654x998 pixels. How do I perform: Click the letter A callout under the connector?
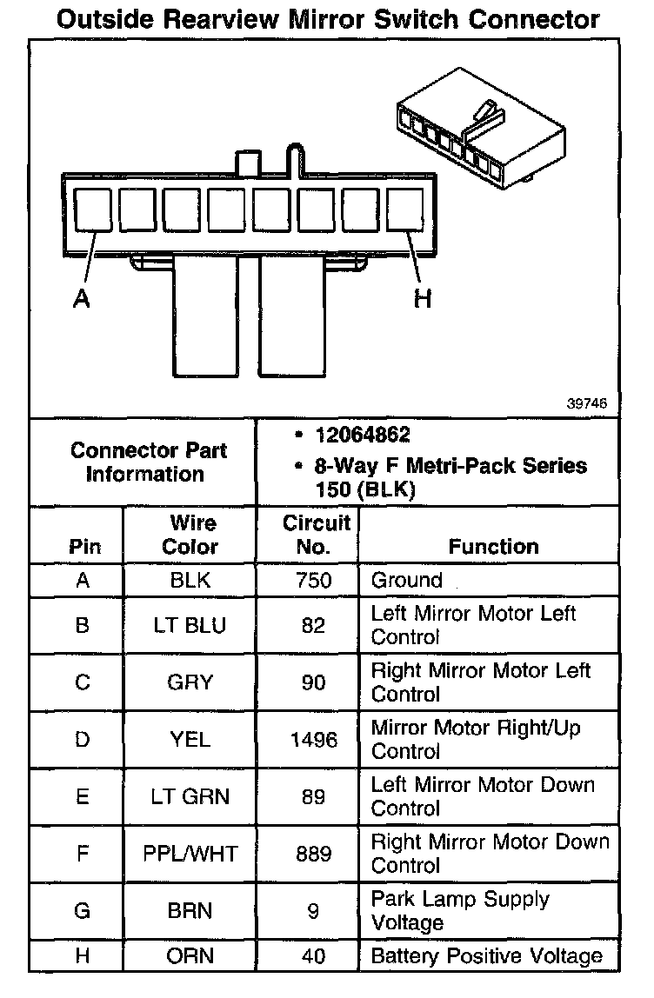coord(81,299)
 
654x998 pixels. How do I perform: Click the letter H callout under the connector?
coord(423,299)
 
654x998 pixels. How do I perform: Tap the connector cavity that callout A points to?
coord(91,211)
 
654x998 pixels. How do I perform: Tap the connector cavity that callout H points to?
coord(405,211)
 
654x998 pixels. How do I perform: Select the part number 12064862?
coord(363,435)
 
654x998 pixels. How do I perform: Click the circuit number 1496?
coord(313,739)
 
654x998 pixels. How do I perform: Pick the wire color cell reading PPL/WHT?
coord(190,854)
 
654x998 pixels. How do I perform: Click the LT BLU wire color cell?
coord(190,625)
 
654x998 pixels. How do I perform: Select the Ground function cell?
coord(406,580)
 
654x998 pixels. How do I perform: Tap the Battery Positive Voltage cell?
coord(486,956)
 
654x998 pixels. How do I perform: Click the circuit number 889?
coord(313,854)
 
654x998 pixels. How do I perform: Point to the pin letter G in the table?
coord(83,911)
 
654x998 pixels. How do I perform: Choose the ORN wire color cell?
coord(190,956)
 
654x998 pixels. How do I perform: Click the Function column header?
coord(493,546)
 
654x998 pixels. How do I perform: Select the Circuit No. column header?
coord(316,535)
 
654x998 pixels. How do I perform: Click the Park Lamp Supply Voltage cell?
coord(460,910)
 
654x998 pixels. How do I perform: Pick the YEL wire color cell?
coord(190,739)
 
